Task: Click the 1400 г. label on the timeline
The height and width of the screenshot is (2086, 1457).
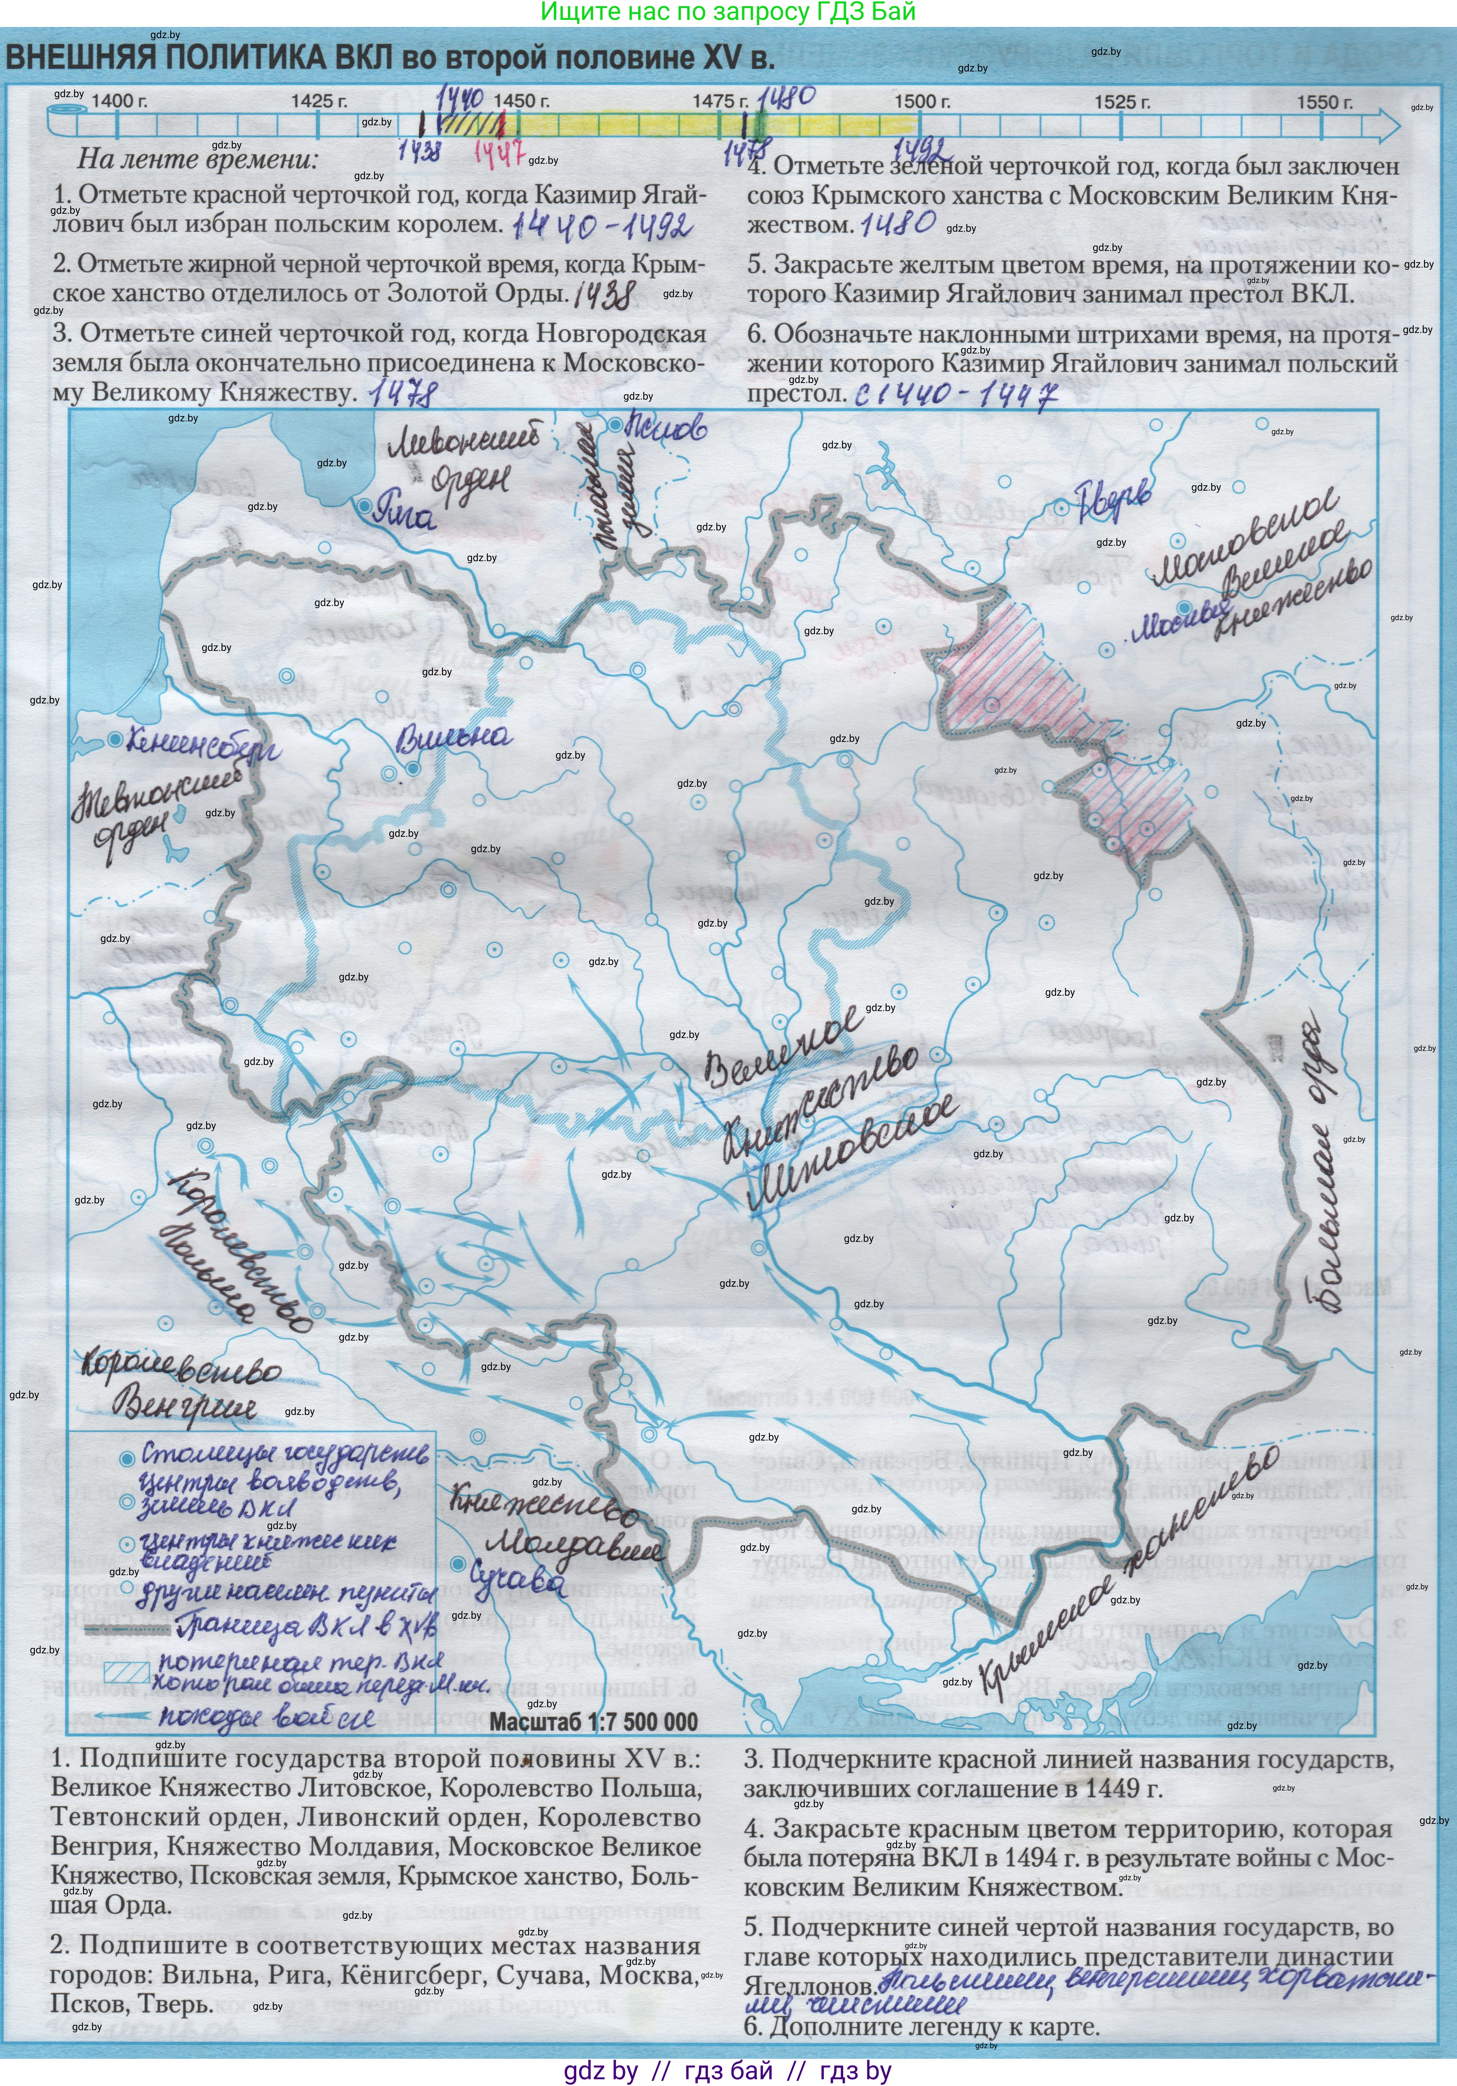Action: pos(119,101)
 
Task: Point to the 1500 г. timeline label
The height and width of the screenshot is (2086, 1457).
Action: pos(922,102)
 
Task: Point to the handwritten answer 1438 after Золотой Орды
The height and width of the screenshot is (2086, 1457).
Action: pos(605,294)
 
